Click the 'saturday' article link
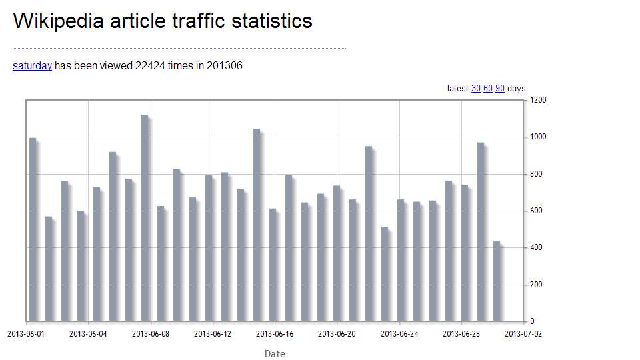click(32, 65)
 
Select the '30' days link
click(476, 89)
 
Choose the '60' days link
click(488, 89)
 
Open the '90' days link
click(500, 89)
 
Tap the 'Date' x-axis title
click(275, 354)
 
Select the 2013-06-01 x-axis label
click(26, 334)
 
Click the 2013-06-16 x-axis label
click(275, 334)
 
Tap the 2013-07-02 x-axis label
click(523, 334)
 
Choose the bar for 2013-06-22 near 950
click(369, 233)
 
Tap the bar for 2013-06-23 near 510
click(385, 274)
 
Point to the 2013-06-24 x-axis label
click(399, 334)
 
